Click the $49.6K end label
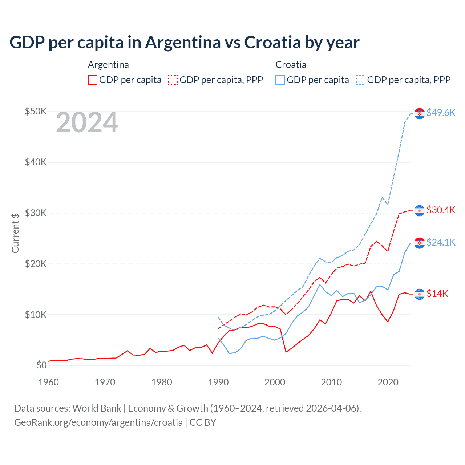[441, 113]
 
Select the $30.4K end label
[441, 210]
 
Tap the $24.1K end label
[441, 242]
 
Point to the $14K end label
[437, 294]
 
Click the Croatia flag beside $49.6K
[420, 113]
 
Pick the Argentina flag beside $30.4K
[420, 211]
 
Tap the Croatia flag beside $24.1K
[420, 243]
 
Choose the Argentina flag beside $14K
[420, 294]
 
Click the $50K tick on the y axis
[36, 111]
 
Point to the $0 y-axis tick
[41, 365]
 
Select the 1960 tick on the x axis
[48, 382]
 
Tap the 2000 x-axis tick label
[275, 382]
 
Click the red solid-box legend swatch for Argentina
[93, 80]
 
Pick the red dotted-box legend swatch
[173, 80]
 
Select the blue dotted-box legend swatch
[361, 80]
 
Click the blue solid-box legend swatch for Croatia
[280, 80]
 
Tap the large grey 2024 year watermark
[87, 122]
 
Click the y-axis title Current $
[15, 233]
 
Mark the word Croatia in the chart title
[272, 42]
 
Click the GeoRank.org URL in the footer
[98, 422]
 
